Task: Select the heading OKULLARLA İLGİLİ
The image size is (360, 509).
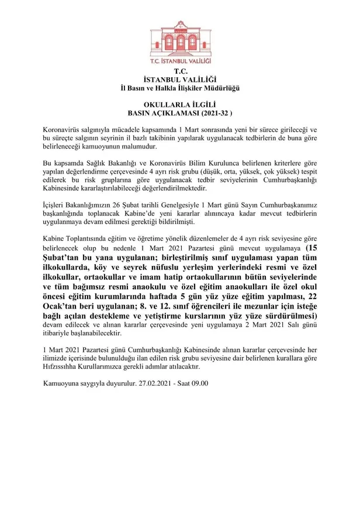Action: pyautogui.click(x=179, y=105)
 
